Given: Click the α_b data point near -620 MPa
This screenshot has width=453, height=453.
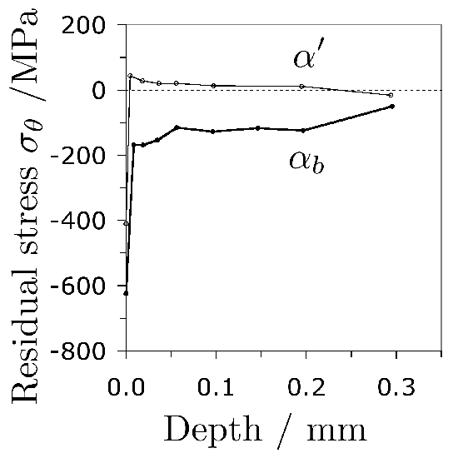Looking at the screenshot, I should tap(126, 293).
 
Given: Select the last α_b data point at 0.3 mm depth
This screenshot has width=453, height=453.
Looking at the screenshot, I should tap(391, 106).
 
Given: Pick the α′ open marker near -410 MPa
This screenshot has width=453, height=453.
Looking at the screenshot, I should tap(126, 223).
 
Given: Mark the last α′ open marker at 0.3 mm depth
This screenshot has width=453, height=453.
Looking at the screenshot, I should tap(391, 95).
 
